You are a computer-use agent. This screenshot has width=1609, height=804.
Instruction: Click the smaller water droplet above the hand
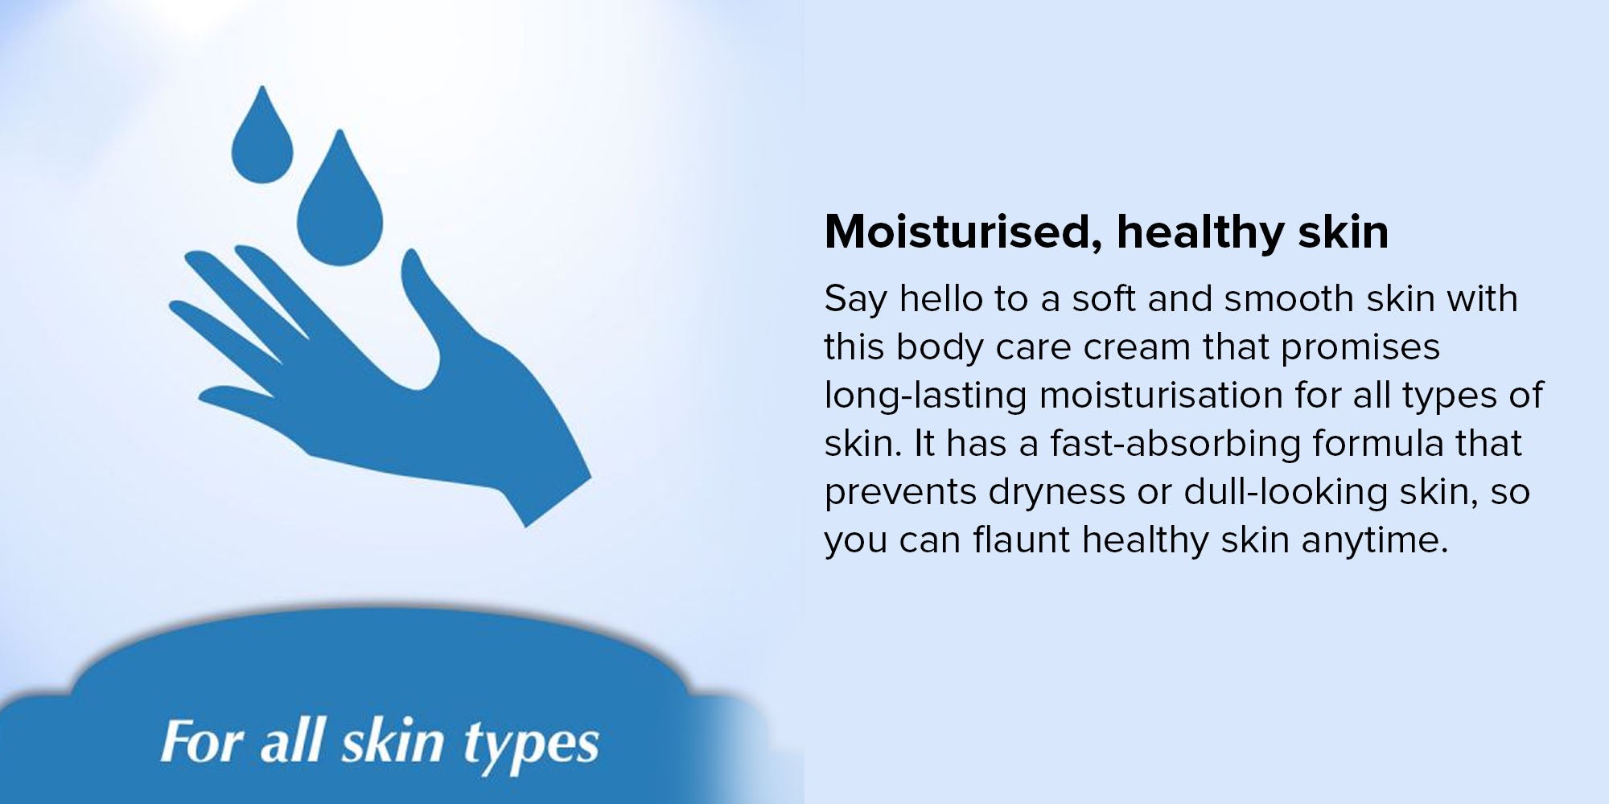[x=261, y=141]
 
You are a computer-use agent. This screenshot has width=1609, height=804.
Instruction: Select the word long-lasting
[x=925, y=396]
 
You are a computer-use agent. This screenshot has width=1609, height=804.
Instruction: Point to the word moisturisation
[x=1161, y=396]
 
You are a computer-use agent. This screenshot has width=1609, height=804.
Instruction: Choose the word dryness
[x=1056, y=493]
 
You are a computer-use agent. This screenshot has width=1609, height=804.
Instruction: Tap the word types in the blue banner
[x=531, y=745]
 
